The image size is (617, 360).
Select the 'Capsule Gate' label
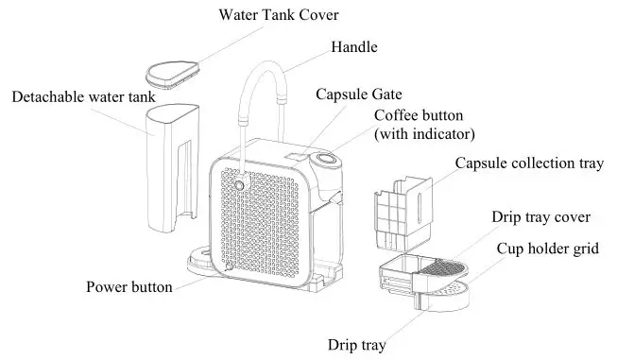tap(359, 94)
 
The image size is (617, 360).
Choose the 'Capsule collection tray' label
tap(528, 163)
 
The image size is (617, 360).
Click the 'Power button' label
tap(129, 287)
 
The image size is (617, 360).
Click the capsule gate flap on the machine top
tap(298, 150)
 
